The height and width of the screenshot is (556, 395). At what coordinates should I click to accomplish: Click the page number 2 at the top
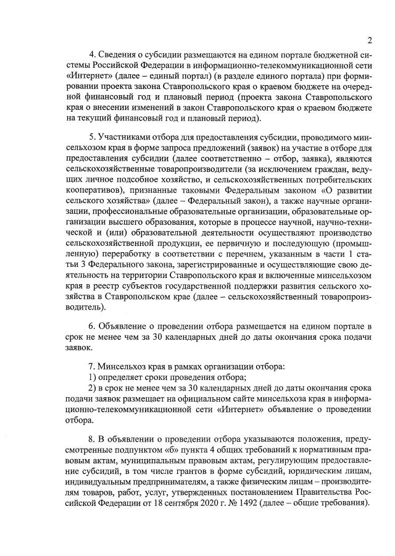coord(368,41)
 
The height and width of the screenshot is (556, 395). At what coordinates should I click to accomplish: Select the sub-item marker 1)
coord(93,377)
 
